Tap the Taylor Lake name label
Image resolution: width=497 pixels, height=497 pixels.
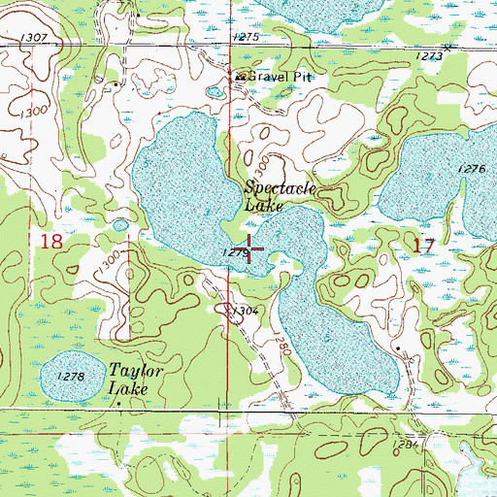tap(133, 380)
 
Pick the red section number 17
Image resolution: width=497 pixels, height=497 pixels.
tap(422, 246)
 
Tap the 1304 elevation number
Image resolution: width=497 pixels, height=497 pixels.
tap(245, 311)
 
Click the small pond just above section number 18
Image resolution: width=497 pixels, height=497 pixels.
tap(119, 225)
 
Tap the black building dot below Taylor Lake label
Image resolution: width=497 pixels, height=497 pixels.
tap(118, 401)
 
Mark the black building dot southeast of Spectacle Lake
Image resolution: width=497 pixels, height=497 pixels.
tap(398, 347)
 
